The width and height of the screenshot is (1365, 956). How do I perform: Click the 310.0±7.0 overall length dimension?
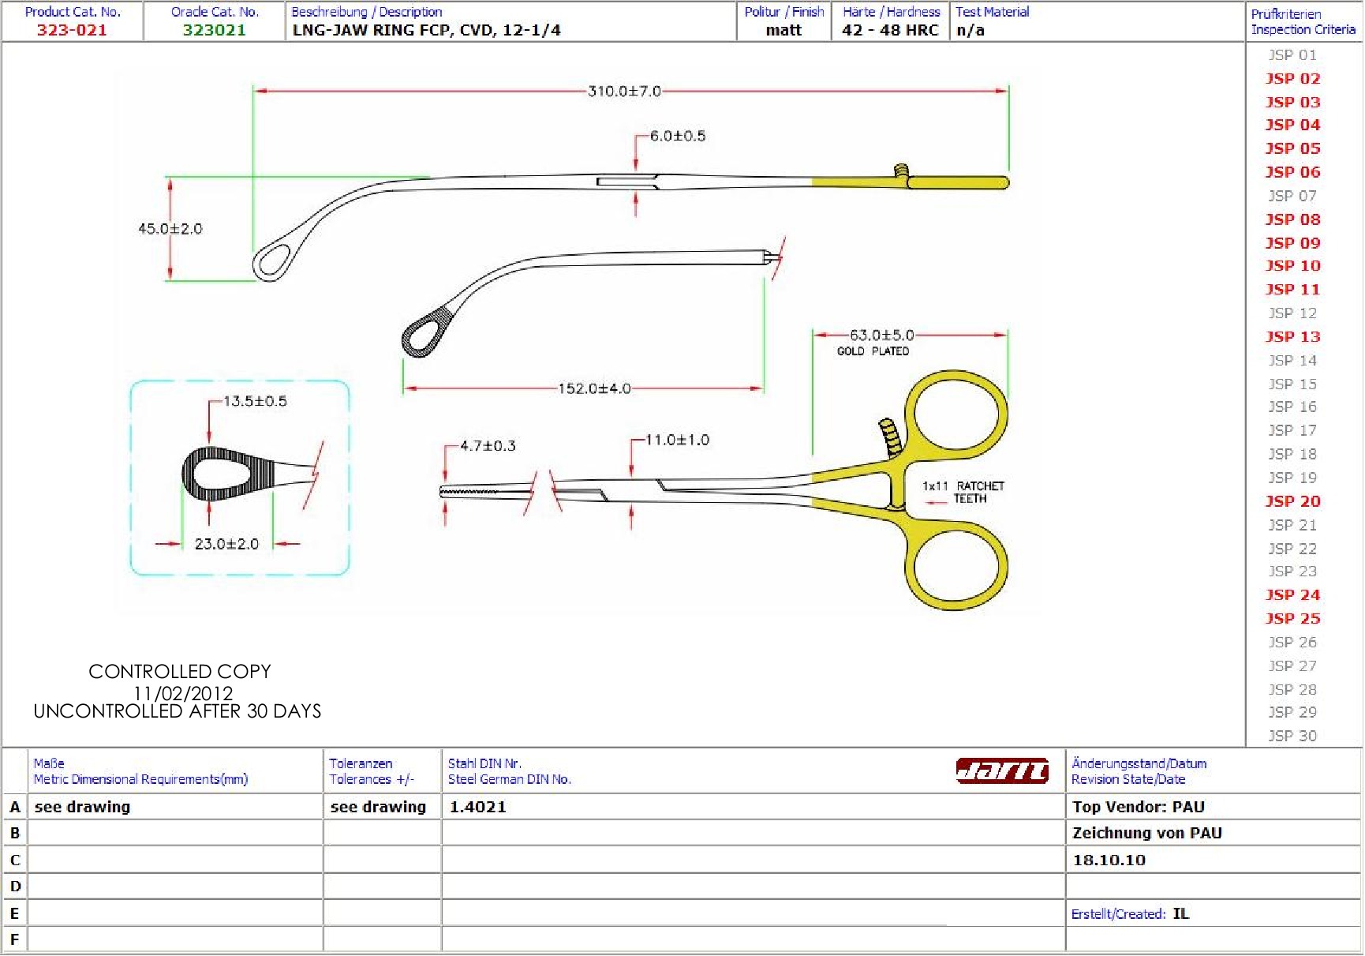click(624, 92)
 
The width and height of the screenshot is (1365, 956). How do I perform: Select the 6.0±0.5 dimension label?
click(678, 136)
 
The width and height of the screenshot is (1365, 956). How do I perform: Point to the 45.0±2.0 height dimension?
click(170, 229)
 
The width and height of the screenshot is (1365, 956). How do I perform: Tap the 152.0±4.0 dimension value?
click(594, 388)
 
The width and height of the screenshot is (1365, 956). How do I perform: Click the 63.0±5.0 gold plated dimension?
click(881, 336)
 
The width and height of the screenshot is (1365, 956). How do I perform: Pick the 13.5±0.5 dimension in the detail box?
click(255, 401)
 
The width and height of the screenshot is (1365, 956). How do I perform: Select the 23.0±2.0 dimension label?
click(226, 544)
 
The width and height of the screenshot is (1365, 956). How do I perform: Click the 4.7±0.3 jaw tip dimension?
click(488, 446)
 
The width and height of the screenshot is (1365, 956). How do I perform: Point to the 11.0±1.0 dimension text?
click(677, 440)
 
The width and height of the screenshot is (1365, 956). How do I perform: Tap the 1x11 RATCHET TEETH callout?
click(963, 492)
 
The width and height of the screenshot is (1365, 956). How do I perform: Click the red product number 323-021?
click(72, 30)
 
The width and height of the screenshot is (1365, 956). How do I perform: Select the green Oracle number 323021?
click(215, 30)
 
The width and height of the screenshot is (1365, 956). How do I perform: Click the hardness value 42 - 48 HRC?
click(890, 30)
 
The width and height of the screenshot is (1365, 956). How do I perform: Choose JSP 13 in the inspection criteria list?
click(1292, 337)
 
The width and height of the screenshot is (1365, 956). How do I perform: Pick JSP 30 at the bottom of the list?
click(1292, 736)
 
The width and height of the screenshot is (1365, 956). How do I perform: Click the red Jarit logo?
click(1002, 770)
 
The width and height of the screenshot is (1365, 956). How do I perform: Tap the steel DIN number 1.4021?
click(478, 807)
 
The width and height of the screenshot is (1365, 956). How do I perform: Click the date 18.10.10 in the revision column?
click(1109, 860)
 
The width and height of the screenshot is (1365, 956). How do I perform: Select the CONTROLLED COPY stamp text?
click(179, 672)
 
